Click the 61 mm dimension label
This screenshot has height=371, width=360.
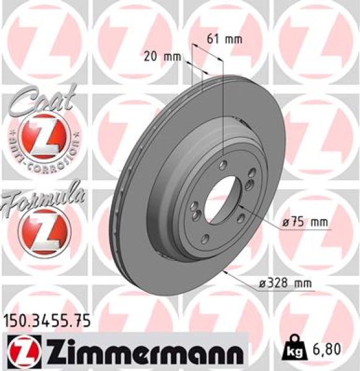click(x=224, y=39)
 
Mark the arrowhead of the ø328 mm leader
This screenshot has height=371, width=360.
click(x=229, y=270)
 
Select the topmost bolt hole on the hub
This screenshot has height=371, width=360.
click(x=222, y=163)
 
